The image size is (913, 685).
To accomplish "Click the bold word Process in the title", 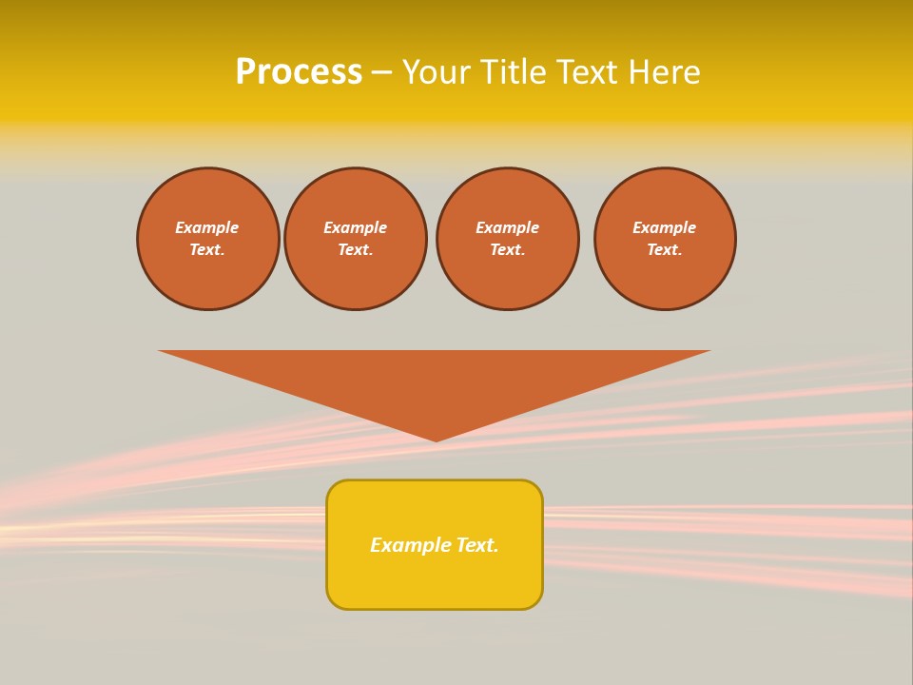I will (x=299, y=72).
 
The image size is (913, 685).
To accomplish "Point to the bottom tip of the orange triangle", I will (x=437, y=439).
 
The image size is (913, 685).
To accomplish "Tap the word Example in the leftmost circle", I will (x=207, y=227).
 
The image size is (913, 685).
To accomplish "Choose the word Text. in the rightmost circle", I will (x=665, y=250).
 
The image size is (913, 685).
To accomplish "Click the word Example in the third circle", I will (x=508, y=227).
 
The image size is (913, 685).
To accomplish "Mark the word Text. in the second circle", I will (x=356, y=250).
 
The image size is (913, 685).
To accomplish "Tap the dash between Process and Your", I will (x=381, y=73).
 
